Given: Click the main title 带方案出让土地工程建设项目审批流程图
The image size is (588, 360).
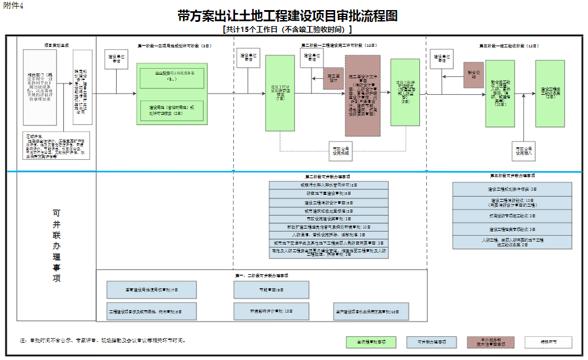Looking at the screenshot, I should tap(287, 16).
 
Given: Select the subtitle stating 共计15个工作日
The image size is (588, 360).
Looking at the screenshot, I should tap(287, 29).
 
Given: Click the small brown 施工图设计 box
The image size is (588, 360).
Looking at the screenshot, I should tap(333, 78).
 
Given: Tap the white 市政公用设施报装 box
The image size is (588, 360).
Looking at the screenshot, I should tap(340, 150).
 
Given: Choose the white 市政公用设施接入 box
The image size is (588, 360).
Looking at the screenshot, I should tap(523, 150).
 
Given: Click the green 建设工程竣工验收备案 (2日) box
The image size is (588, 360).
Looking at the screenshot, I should tap(550, 93).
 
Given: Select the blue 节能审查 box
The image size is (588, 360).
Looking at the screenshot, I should tap(263, 290).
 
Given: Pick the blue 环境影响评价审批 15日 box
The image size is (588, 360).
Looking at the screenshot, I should tap(263, 310).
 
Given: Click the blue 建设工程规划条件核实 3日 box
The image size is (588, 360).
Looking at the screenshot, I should tap(512, 189).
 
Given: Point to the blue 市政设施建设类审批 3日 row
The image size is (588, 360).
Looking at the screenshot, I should tap(329, 218).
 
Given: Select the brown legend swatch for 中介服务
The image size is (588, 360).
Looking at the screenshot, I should tap(491, 342).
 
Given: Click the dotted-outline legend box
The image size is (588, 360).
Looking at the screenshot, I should tap(548, 342).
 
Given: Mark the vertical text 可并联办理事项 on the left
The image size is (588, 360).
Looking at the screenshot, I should tap(57, 245).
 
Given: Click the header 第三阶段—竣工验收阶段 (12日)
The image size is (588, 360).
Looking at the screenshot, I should tap(508, 46).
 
